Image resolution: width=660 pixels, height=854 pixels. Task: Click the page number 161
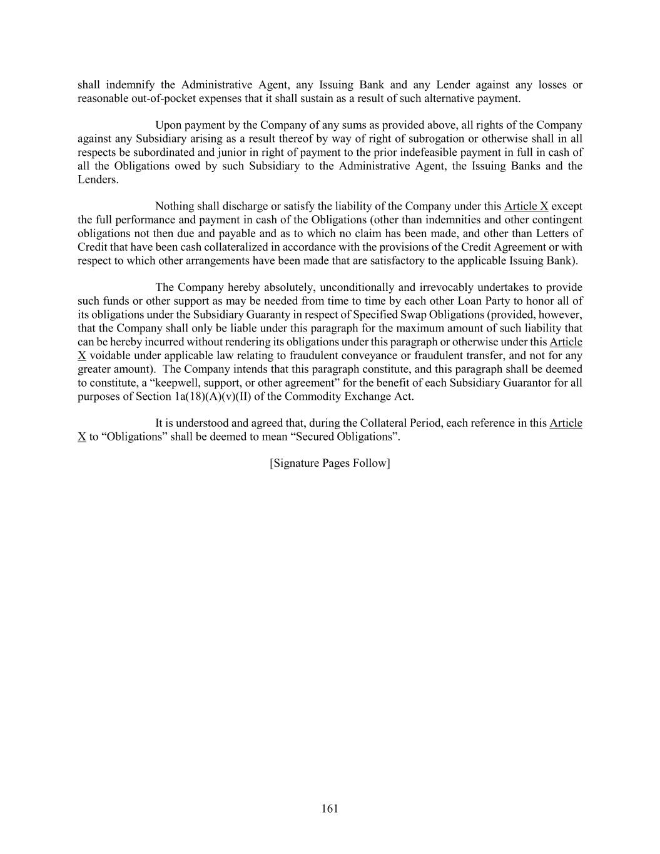pos(330,808)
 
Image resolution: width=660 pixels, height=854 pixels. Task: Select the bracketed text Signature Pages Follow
pos(330,463)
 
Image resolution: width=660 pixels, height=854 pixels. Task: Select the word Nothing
pos(175,206)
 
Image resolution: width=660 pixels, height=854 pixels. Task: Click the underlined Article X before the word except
pos(525,206)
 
